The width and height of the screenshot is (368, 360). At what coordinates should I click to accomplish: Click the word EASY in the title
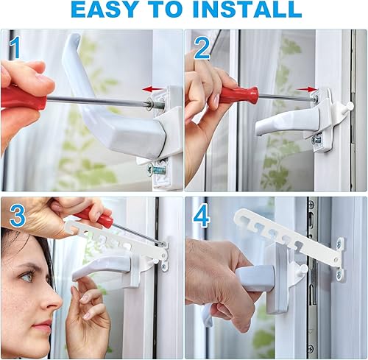[x=104, y=9]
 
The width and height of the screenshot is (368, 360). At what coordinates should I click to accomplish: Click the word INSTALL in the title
[x=247, y=9]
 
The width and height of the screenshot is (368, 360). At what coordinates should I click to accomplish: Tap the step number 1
[x=15, y=48]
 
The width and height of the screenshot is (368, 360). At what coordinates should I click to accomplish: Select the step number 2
[x=202, y=49]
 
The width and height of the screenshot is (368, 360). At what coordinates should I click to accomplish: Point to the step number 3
[x=18, y=215]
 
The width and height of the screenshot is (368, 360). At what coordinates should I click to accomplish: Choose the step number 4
[x=202, y=216]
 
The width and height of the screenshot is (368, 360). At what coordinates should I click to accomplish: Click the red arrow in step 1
[x=152, y=89]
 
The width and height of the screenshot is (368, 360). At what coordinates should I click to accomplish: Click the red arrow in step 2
[x=307, y=89]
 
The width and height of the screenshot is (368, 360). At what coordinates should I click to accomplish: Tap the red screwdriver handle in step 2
[x=238, y=94]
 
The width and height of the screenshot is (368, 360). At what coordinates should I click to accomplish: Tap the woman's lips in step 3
[x=42, y=325]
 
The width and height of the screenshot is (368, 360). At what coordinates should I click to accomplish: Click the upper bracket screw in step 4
[x=339, y=244]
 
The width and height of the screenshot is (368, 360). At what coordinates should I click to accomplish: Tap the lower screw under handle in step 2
[x=316, y=140]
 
